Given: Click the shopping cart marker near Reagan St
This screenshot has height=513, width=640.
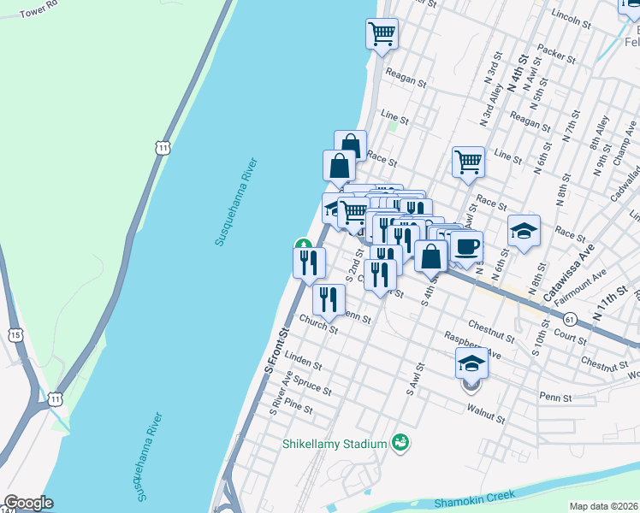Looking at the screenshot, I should click(x=382, y=35).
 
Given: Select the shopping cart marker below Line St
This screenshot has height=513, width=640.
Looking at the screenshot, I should click(x=468, y=161).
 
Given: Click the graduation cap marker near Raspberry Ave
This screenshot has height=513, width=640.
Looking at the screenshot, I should click(x=471, y=363).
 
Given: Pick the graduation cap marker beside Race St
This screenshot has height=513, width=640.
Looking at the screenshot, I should click(x=524, y=230).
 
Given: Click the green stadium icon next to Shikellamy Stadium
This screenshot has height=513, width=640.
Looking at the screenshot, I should click(x=399, y=442).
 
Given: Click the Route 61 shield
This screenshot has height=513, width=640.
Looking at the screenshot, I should click(x=570, y=319).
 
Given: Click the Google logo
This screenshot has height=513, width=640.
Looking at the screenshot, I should click(x=29, y=503).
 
